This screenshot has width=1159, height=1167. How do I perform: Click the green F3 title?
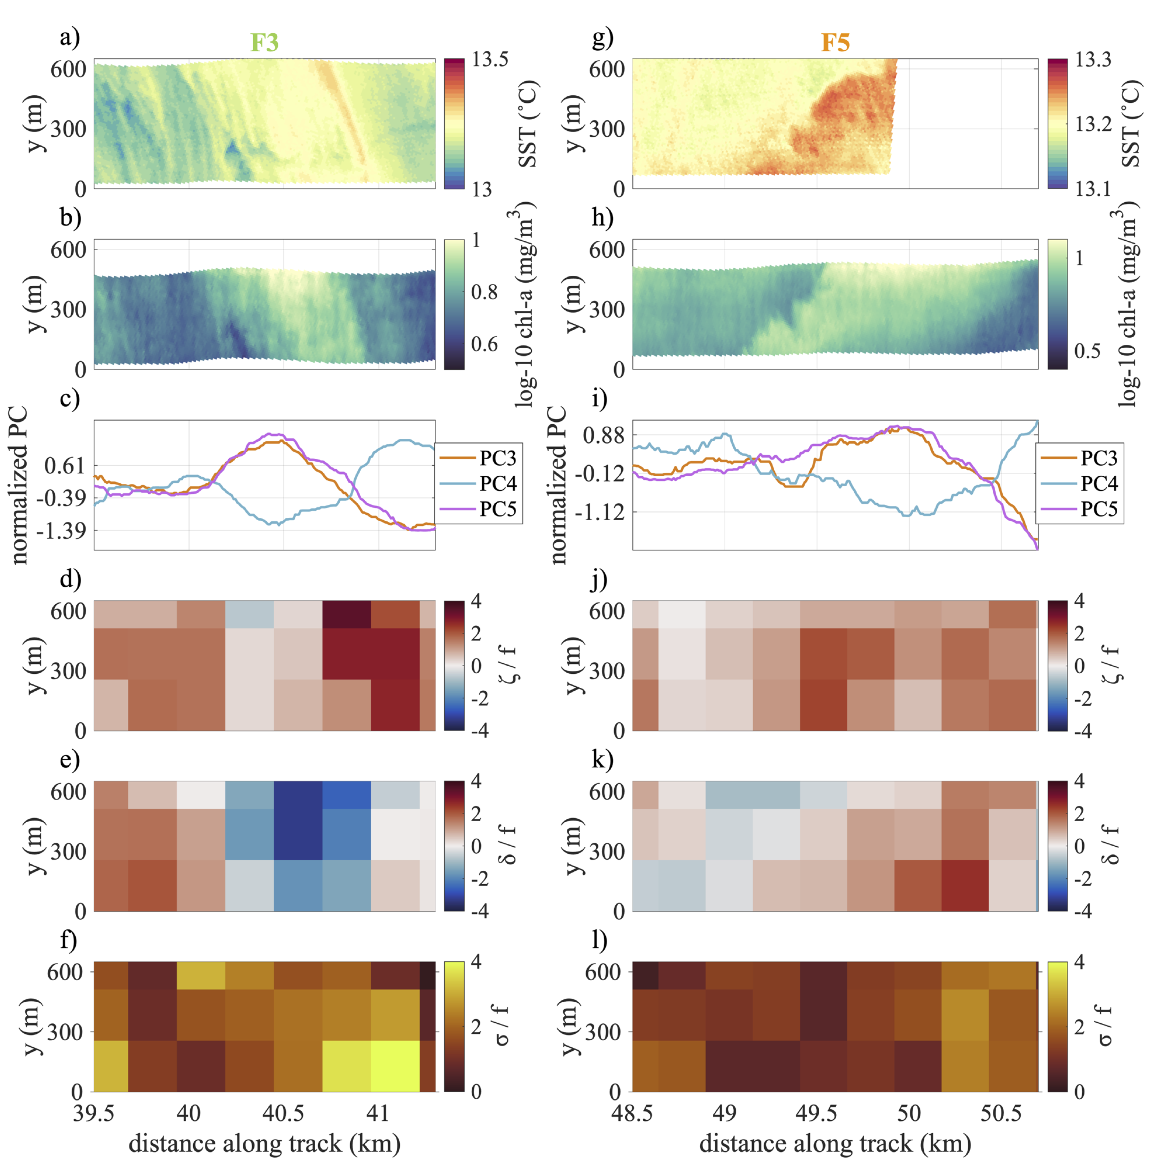pyautogui.click(x=264, y=42)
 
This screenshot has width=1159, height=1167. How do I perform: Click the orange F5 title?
pyautogui.click(x=835, y=42)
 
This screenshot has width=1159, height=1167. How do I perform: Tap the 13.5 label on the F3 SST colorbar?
pyautogui.click(x=490, y=59)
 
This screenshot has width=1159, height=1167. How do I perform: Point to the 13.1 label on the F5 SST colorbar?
pyautogui.click(x=1093, y=189)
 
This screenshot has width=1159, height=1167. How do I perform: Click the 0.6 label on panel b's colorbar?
pyautogui.click(x=484, y=344)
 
